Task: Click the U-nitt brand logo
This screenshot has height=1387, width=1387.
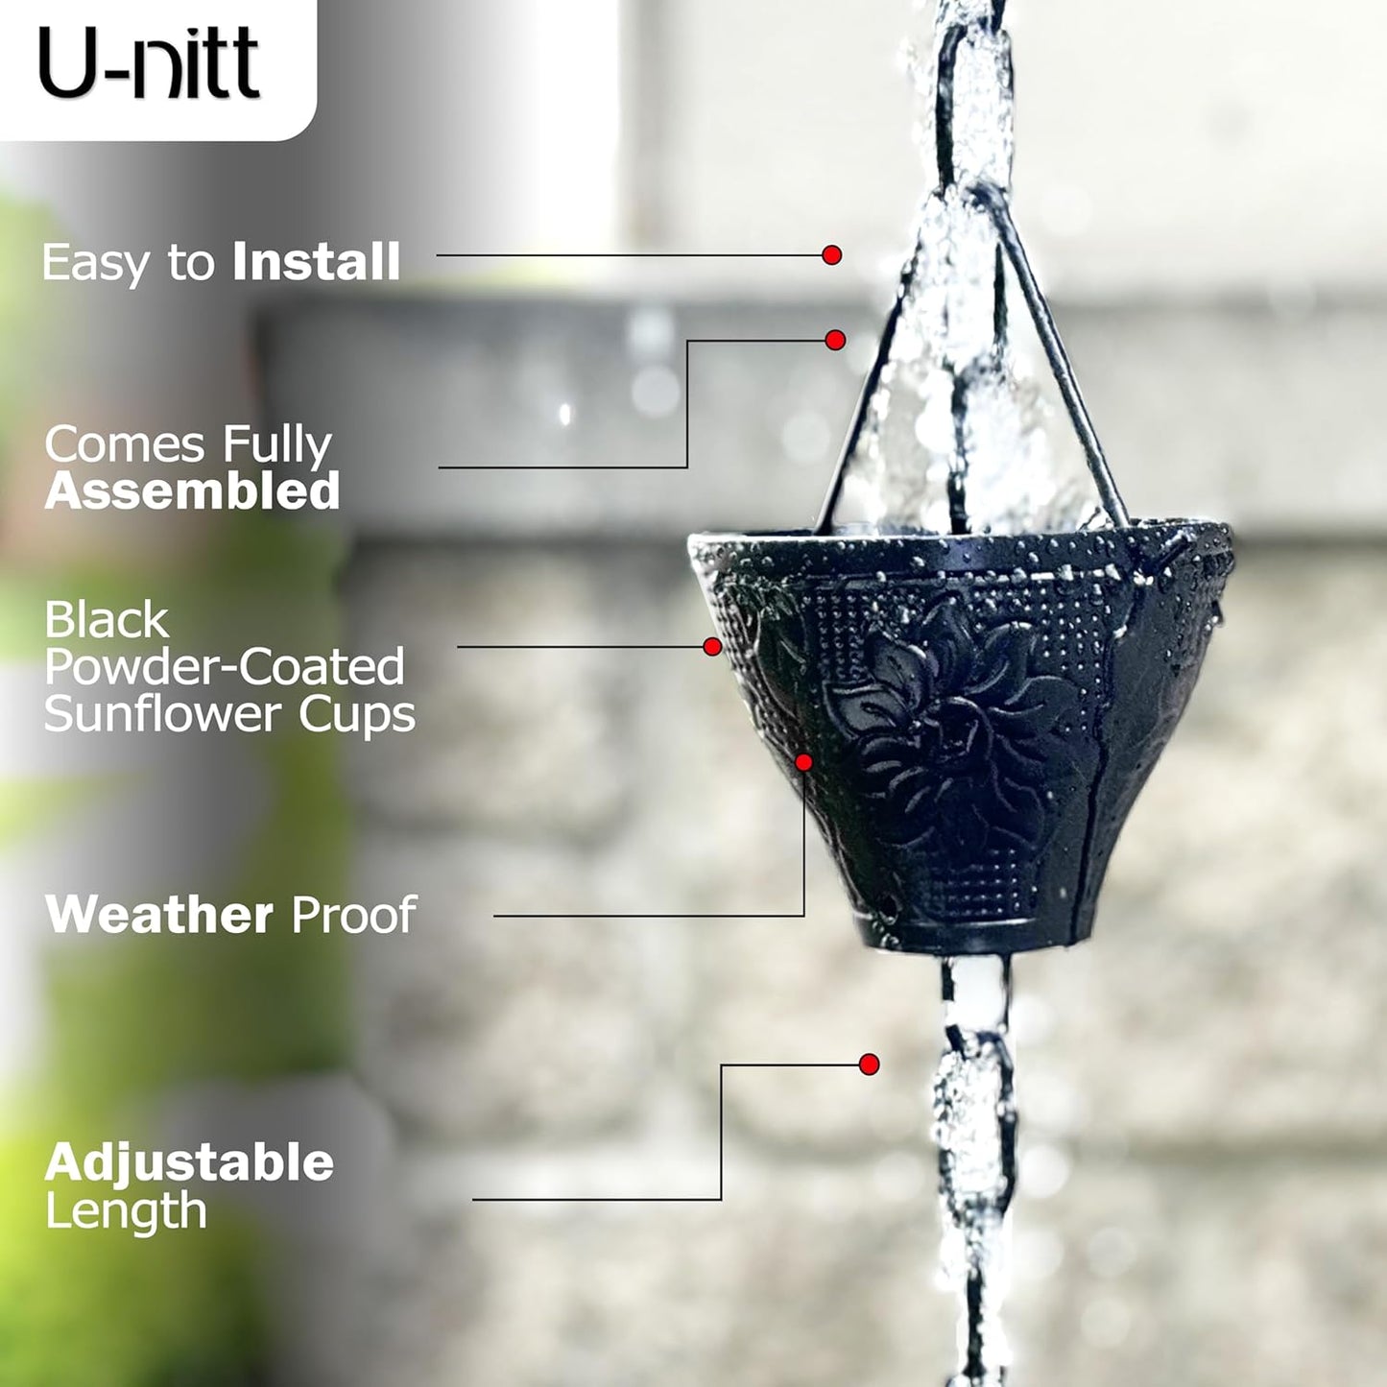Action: point(149,63)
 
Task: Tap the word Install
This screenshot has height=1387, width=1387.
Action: point(316,262)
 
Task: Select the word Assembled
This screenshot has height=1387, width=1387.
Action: point(192,491)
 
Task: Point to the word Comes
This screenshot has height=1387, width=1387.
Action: point(125,444)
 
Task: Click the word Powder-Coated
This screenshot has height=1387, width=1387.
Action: point(225,667)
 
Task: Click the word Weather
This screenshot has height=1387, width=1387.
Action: point(159,915)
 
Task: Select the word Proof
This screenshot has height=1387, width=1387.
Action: point(353,915)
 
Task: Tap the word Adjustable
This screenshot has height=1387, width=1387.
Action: point(189,1162)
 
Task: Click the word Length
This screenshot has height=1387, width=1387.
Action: point(126,1211)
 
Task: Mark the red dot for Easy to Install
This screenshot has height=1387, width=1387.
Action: point(832,255)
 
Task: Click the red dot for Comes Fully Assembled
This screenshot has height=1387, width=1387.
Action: point(835,340)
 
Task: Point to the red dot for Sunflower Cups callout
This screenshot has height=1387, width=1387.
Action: point(712,647)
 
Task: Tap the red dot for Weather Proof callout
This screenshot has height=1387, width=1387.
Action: point(804,762)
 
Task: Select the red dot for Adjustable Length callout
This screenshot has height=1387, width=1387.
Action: point(870,1064)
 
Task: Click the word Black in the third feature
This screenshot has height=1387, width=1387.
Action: point(107,620)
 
